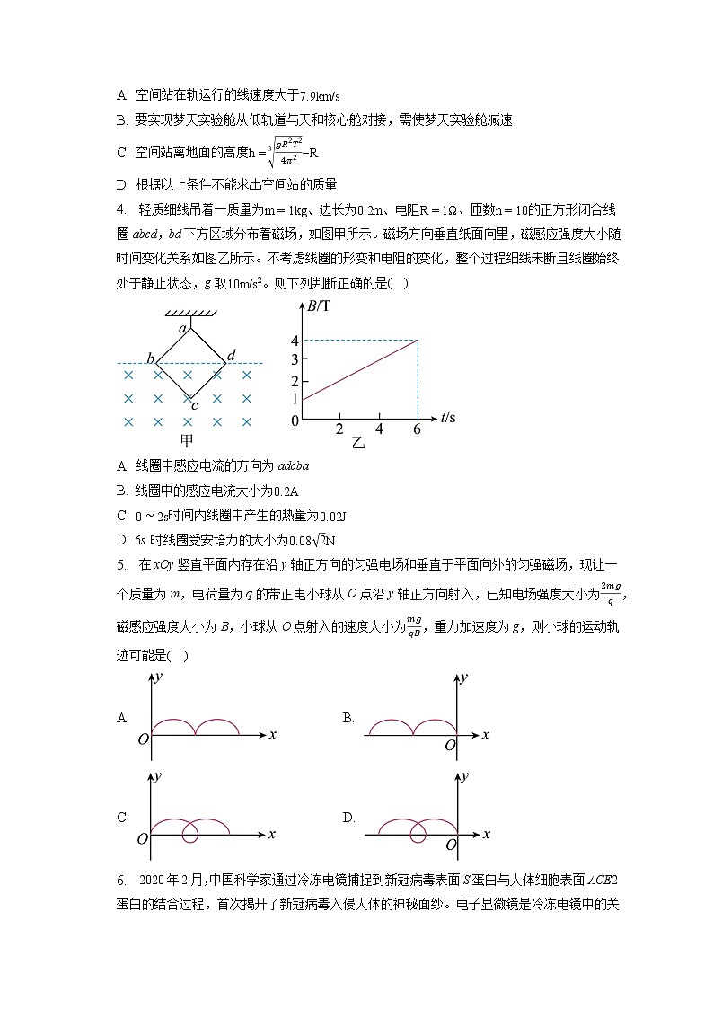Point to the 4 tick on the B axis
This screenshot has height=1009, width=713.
pos(295,340)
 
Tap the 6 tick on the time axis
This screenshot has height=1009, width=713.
pos(418,429)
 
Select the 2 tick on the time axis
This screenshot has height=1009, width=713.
pos(339,429)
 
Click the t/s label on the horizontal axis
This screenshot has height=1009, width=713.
pos(448,417)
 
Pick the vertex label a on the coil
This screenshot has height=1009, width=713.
pos(182,330)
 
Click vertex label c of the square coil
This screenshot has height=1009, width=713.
pos(193,404)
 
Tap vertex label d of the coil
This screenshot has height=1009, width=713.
pos(232,357)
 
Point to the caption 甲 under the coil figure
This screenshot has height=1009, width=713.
pos(187,440)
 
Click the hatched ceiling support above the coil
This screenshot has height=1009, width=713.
pos(189,313)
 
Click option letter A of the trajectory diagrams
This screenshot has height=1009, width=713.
pos(122,718)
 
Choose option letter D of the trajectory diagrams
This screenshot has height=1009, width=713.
pos(348,818)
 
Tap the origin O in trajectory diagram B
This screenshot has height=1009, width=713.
pos(450,745)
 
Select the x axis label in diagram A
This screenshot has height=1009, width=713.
pos(272,735)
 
